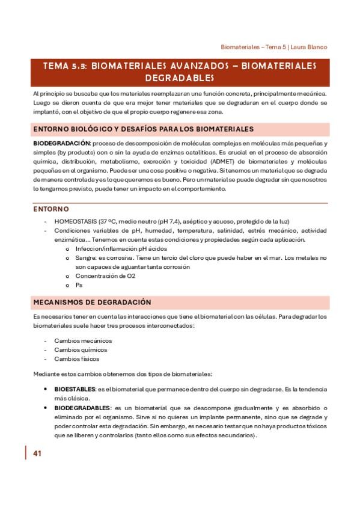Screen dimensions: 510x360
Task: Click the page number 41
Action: pos(37,453)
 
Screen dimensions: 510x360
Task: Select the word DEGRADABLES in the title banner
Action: pos(180,78)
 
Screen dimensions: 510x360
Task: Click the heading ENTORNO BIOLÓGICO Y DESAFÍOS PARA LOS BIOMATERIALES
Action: pos(142,129)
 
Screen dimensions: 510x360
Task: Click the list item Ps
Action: pos(78,285)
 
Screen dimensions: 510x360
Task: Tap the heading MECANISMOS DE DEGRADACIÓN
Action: pos(91,302)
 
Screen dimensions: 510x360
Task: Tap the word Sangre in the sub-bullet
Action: pos(85,258)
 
